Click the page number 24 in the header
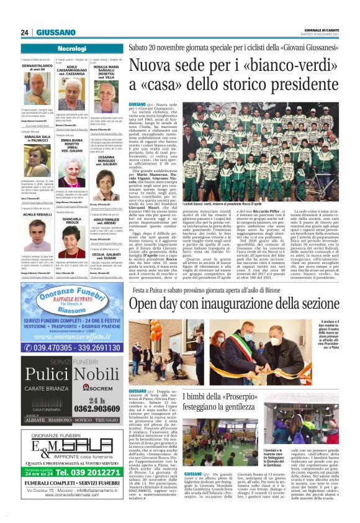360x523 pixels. point(24,32)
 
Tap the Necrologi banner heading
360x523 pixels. point(71,48)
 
